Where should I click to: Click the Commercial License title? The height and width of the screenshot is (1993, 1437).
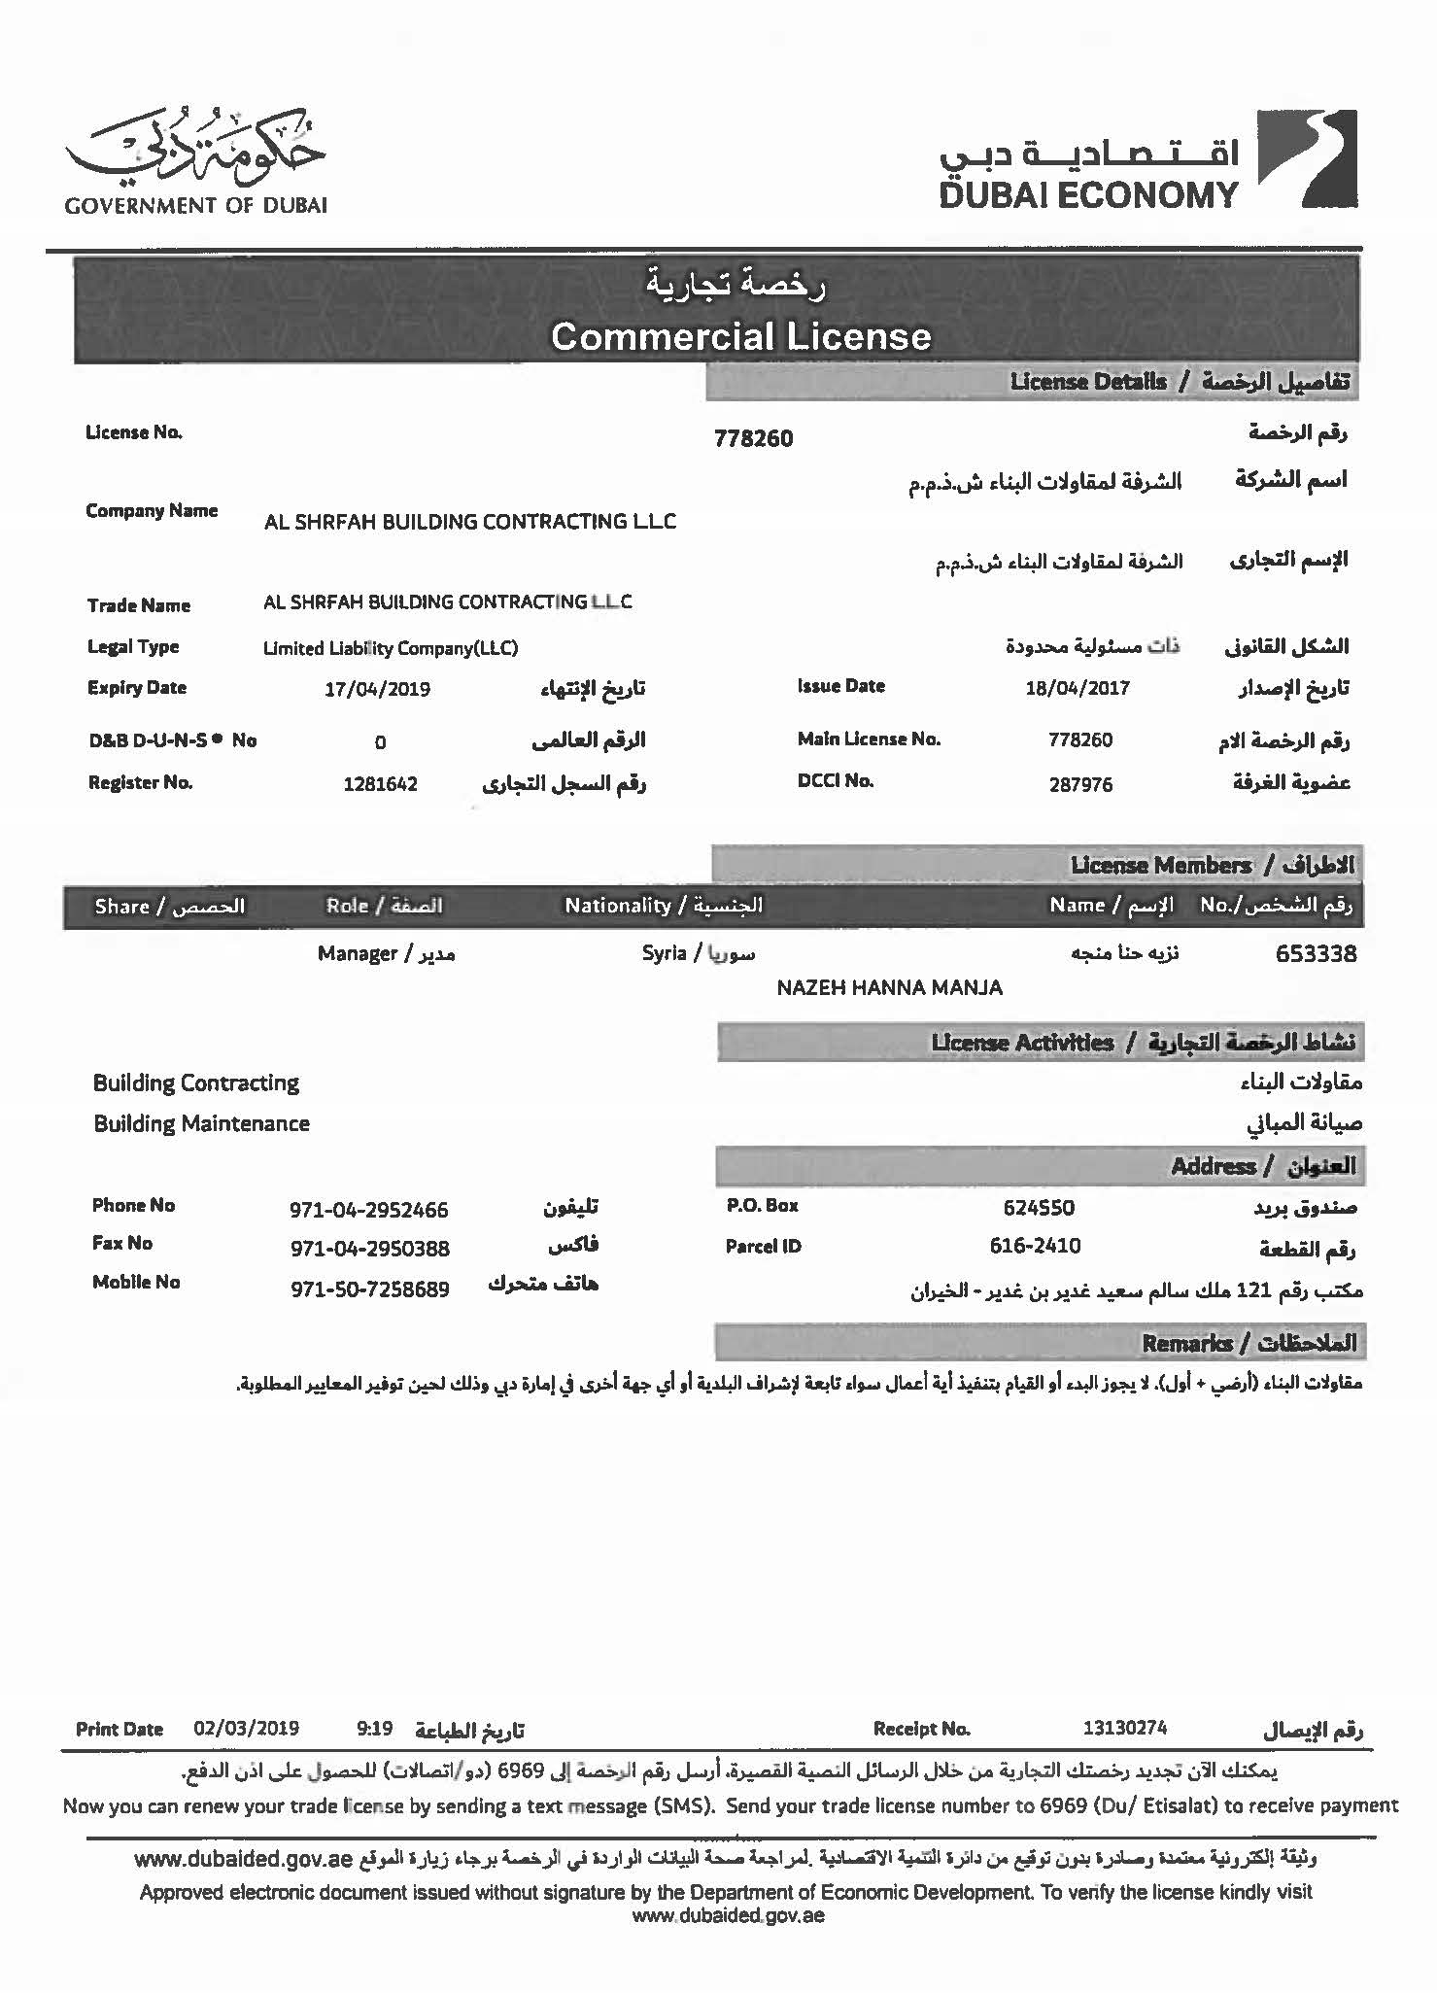point(740,336)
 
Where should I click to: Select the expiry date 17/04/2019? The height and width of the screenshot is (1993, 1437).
point(377,689)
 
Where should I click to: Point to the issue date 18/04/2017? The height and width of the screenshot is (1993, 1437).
point(1077,688)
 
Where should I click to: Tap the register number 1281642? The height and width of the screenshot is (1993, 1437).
point(380,784)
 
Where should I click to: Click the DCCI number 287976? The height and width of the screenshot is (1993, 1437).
point(1080,784)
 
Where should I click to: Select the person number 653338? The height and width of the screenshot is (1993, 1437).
point(1316,953)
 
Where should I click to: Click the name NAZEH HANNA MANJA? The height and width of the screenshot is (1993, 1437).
point(889,987)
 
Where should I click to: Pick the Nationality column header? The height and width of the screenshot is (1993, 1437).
point(664,906)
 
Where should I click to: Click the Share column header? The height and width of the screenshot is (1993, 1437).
point(169,907)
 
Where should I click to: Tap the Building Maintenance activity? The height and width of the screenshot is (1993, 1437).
point(201,1123)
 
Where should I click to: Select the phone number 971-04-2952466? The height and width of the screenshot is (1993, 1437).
point(369,1210)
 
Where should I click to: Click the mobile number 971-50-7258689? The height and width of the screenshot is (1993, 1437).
point(370,1289)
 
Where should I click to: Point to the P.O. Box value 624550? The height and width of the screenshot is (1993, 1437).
point(1039,1208)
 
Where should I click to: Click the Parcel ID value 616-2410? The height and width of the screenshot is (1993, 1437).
point(1035,1246)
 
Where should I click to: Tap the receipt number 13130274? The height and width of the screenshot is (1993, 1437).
point(1124,1728)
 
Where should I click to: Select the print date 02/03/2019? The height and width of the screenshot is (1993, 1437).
point(246,1729)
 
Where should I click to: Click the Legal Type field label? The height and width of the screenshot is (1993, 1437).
point(133,647)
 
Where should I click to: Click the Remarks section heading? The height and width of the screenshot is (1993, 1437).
point(1248,1343)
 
